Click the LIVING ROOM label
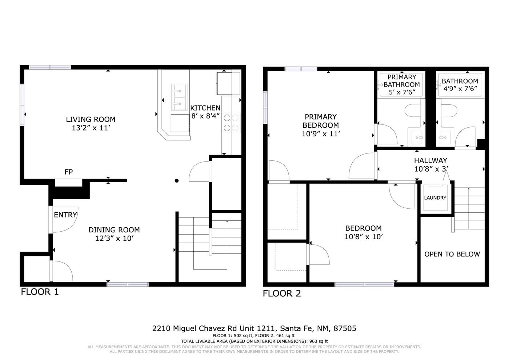point(91,119)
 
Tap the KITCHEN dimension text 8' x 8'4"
point(205,116)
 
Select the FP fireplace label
point(69,172)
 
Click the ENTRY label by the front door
point(65,215)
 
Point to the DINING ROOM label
point(114,230)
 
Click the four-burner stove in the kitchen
point(231,123)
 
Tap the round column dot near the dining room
point(177,181)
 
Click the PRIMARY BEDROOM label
point(321,121)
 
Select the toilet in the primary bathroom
point(413,111)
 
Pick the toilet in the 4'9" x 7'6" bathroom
point(449,111)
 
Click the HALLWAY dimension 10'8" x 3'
point(431,169)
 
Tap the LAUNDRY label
point(435,198)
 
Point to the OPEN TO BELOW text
point(452,254)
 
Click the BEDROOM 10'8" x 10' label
point(364,232)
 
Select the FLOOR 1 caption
point(40,292)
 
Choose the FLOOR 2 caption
point(282,294)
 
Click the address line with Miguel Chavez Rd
point(254,328)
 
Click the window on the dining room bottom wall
point(128,284)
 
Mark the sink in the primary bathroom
point(416,137)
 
